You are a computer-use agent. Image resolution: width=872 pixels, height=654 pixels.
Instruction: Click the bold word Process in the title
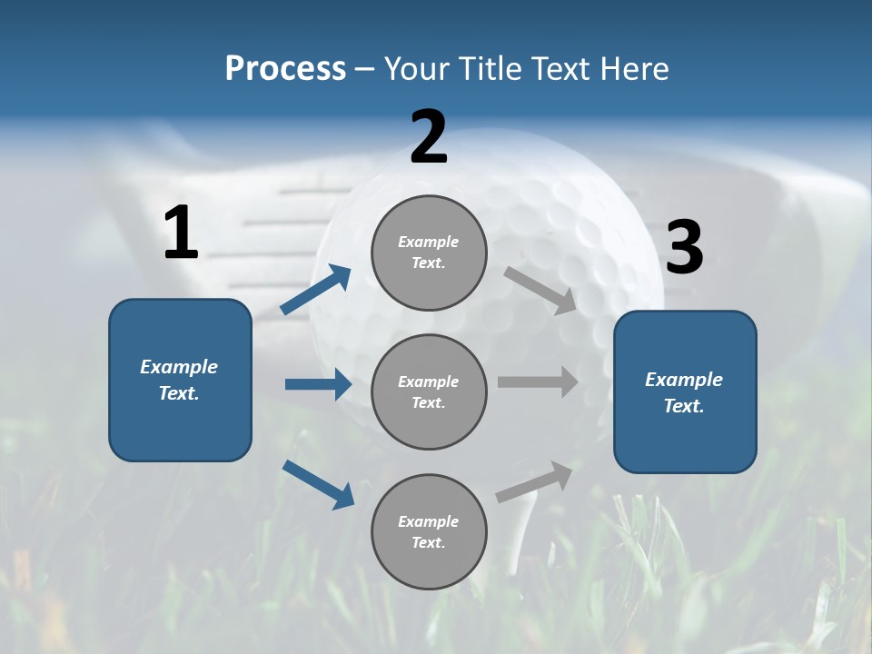click(285, 69)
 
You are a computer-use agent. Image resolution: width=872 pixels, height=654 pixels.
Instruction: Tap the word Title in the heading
click(489, 69)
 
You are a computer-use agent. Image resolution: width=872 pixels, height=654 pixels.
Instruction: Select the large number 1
click(181, 233)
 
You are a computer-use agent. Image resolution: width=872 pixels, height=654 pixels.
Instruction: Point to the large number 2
click(429, 137)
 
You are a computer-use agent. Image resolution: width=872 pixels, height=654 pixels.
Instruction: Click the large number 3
click(684, 247)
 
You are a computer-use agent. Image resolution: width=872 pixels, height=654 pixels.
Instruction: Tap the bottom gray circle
click(429, 563)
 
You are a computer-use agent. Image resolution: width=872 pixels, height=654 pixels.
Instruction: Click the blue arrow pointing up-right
click(316, 290)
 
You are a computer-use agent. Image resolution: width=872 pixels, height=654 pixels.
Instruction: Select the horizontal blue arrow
click(318, 384)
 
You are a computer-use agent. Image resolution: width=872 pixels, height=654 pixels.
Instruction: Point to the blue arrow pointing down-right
click(318, 484)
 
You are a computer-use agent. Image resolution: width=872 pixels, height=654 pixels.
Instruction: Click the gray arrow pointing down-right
click(540, 290)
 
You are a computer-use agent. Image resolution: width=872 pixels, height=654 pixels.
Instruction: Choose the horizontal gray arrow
click(538, 382)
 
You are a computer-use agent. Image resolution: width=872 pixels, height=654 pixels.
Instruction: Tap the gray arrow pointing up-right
click(534, 481)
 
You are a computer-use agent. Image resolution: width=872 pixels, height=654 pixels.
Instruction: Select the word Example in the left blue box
click(179, 367)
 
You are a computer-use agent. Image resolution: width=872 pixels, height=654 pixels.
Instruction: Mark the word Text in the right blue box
click(682, 406)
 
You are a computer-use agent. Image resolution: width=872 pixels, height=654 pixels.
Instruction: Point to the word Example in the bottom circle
click(428, 521)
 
